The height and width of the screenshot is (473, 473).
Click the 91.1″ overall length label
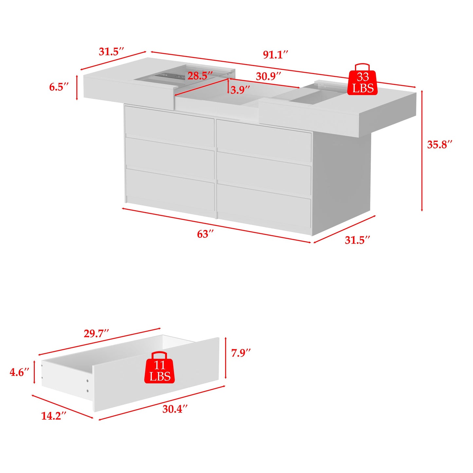point(276,55)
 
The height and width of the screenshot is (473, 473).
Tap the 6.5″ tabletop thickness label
point(59,87)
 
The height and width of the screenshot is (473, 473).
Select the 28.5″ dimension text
point(200,76)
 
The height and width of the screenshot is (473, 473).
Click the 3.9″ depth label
point(240,90)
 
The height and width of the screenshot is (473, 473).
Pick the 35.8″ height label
point(440,145)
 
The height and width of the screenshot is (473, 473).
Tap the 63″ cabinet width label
point(205,234)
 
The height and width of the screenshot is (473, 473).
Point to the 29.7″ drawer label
point(96,334)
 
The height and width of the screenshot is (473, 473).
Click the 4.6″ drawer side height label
point(19,372)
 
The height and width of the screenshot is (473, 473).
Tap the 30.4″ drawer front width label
point(175,409)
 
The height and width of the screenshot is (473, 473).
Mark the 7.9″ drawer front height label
point(241,353)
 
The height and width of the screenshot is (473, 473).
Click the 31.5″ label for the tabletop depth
point(111,52)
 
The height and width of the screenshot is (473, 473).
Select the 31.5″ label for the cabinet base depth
point(357,240)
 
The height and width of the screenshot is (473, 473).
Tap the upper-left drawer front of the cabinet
point(169,126)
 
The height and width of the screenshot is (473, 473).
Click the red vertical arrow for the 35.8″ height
point(422,151)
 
